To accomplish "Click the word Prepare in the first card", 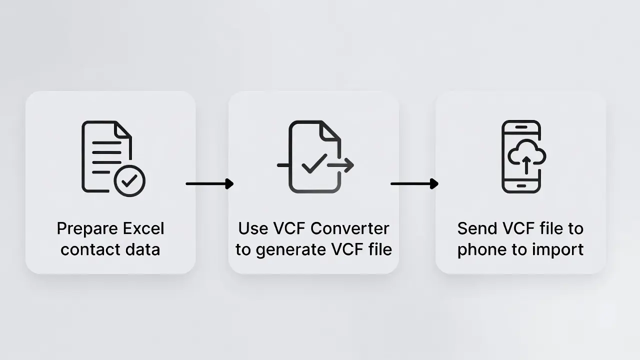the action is pos(87,229).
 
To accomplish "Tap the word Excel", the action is pos(143,228).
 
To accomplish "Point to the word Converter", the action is pos(349,228).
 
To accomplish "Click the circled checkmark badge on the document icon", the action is pos(129,181).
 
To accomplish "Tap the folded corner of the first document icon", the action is pos(123,130).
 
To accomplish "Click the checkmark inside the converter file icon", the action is pos(314,163).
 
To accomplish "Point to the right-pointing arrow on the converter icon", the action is pos(340,165).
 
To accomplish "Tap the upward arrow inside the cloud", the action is pos(526,165).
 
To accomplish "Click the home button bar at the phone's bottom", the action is pos(521,186).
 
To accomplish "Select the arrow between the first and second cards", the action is pos(209,183).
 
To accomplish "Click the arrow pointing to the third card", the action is pos(414,183).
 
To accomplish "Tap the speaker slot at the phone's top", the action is pos(521,127).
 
